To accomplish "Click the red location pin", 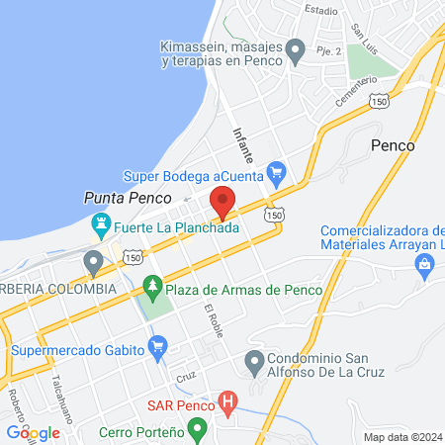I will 222,201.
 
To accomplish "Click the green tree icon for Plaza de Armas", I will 151,288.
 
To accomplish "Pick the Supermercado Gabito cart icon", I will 156,347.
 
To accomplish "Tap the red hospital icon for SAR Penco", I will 228,403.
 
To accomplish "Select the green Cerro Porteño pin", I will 197,431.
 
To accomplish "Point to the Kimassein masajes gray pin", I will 295,47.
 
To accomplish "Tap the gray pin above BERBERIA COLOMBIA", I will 94,263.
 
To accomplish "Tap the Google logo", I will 33,432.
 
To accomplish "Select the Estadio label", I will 321,10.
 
